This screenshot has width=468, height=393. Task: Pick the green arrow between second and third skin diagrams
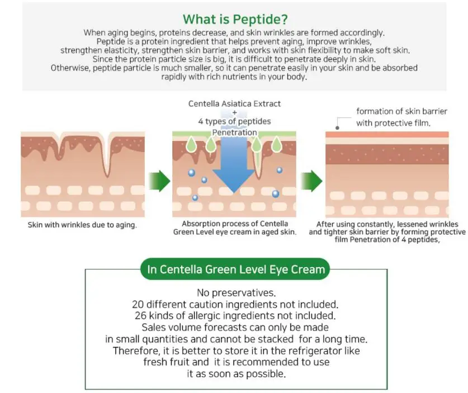[311, 181]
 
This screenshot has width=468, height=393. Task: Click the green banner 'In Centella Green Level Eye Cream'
[235, 269]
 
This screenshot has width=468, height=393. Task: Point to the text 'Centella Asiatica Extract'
[234, 103]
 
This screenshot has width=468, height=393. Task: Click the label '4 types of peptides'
[234, 121]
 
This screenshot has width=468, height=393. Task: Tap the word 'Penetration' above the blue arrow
[234, 132]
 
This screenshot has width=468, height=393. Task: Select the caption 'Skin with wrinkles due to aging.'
[82, 225]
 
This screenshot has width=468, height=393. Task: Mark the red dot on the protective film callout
[338, 118]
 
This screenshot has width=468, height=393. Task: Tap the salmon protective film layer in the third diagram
[387, 134]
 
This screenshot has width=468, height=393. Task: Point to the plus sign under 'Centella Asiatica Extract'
[234, 112]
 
